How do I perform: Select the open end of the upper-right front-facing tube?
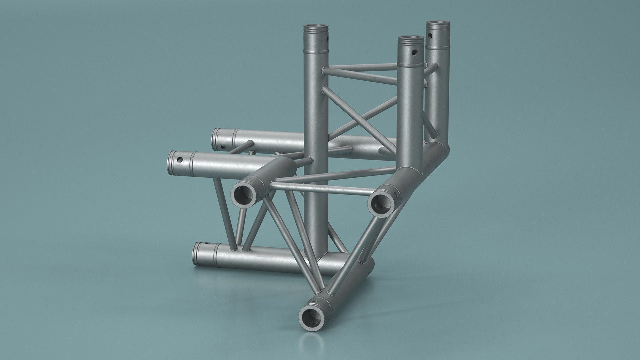pos(381,204)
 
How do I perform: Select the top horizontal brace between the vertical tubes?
pos(362,67)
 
